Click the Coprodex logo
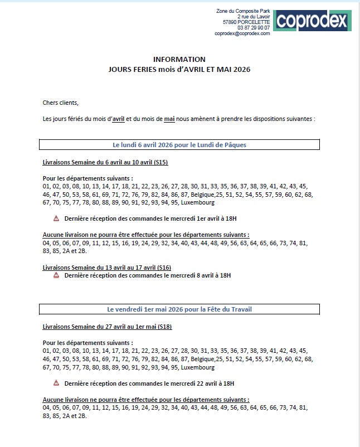pyautogui.click(x=312, y=21)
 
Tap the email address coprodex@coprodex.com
pyautogui.click(x=242, y=33)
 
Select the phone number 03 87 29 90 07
pyautogui.click(x=254, y=28)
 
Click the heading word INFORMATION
pyautogui.click(x=179, y=60)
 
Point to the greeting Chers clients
pyautogui.click(x=61, y=103)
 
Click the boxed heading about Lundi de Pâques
pyautogui.click(x=179, y=145)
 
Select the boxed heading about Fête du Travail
pyautogui.click(x=179, y=309)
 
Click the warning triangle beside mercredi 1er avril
pyautogui.click(x=56, y=218)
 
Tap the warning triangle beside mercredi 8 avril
pyautogui.click(x=56, y=275)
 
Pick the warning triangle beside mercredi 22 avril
pyautogui.click(x=56, y=383)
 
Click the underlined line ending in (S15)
pyautogui.click(x=105, y=162)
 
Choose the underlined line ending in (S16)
pyautogui.click(x=107, y=268)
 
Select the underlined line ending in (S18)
pyautogui.click(x=107, y=326)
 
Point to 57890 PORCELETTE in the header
pyautogui.click(x=246, y=22)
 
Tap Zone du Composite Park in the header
pyautogui.click(x=242, y=11)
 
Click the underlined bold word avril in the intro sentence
pyautogui.click(x=118, y=119)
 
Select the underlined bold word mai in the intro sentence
pyautogui.click(x=169, y=119)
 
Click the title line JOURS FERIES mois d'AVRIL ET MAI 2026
pyautogui.click(x=179, y=70)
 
